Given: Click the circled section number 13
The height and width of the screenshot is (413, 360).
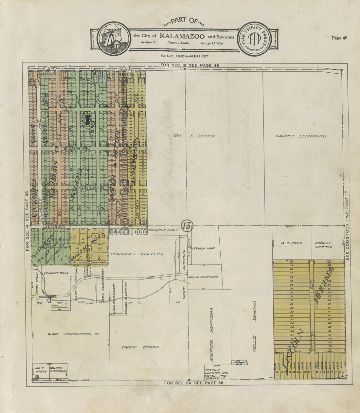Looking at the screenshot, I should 187,225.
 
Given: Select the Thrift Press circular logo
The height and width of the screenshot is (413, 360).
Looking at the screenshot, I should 254,39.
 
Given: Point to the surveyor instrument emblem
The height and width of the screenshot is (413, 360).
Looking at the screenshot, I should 111,38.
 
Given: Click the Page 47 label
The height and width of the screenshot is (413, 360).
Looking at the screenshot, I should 339,38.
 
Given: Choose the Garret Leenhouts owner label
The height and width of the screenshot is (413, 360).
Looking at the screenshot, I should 301,136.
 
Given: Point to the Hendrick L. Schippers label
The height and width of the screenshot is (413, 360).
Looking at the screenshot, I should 136,254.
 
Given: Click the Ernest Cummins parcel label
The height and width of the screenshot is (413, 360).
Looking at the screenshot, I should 323,245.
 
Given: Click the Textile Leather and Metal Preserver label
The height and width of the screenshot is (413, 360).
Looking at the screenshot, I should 216,373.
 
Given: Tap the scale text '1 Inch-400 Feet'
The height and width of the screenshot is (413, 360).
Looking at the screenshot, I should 187,56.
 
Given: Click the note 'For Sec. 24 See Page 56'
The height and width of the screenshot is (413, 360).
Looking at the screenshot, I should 194,383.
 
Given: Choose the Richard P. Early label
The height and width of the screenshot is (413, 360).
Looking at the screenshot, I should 163,230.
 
